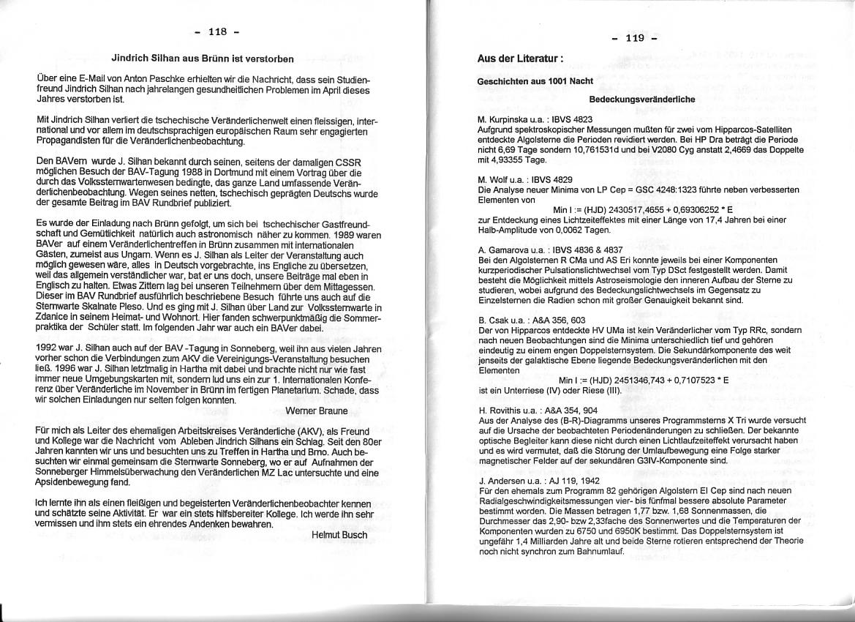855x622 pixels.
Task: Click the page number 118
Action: click(217, 31)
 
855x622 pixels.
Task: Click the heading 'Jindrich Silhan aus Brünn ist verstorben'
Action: click(203, 59)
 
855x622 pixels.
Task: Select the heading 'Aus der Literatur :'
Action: click(520, 58)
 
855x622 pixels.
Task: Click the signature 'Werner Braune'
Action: click(317, 411)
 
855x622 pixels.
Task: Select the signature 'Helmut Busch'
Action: click(339, 535)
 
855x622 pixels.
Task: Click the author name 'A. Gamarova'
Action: click(505, 250)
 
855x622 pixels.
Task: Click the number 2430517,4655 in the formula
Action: click(637, 209)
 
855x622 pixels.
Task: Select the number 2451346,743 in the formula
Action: click(639, 380)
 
